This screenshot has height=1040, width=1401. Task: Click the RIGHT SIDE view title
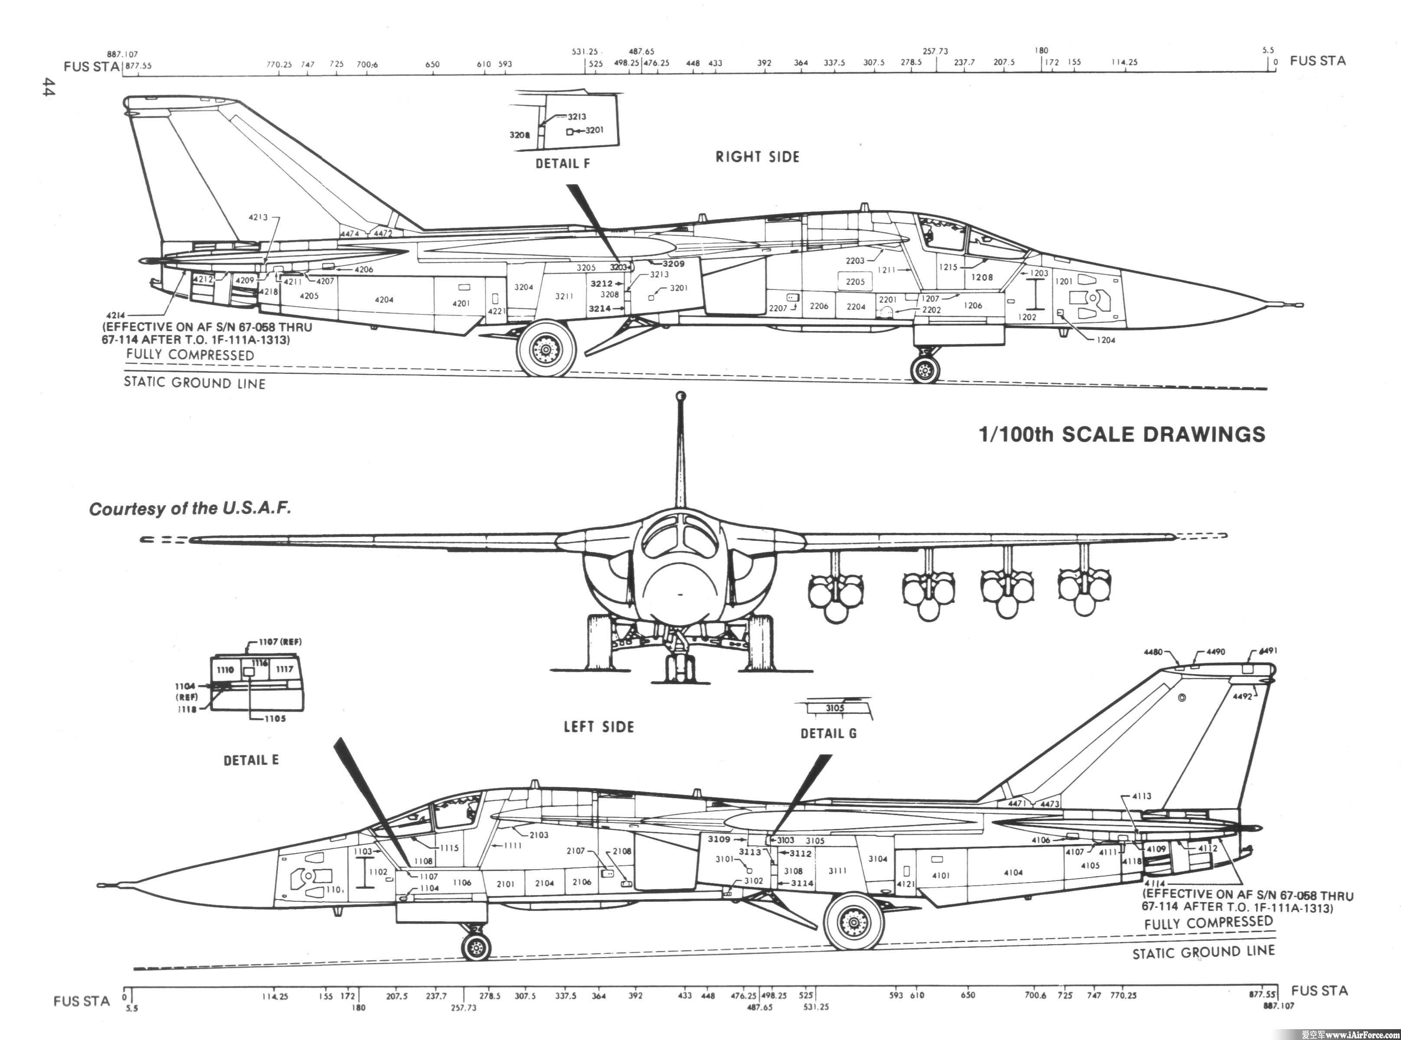(757, 157)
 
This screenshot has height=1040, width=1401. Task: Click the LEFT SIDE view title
(598, 727)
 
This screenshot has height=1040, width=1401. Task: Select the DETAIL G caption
(828, 733)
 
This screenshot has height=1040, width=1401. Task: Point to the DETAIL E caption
(251, 760)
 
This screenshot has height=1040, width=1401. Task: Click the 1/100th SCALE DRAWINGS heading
(1122, 434)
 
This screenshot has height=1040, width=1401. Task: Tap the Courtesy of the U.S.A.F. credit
(190, 509)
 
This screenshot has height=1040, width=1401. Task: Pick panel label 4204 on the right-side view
(384, 300)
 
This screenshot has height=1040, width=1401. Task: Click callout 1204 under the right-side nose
(1106, 340)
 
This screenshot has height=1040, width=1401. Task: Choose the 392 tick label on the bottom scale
(636, 995)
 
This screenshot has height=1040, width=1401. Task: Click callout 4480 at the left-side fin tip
(1153, 652)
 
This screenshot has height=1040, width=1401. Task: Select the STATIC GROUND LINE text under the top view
(195, 383)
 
